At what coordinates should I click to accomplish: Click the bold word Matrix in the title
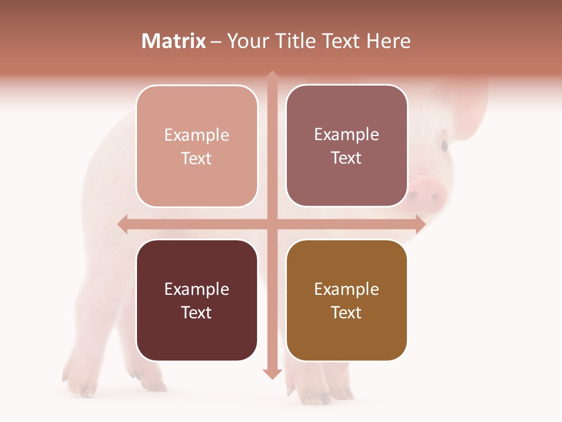174,41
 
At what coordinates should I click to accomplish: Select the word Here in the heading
389,41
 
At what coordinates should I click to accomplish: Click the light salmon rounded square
197,146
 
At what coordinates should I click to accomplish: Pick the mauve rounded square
347,145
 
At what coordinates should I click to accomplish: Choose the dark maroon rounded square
197,300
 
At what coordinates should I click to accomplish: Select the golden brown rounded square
347,300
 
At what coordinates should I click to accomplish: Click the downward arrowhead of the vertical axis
272,373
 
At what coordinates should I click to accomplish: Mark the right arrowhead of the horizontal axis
420,224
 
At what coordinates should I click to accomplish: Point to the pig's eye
444,145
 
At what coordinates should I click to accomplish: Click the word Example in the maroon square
197,289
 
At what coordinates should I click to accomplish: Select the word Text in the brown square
347,312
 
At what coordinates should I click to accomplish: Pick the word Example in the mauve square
347,134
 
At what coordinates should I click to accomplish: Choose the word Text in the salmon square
197,158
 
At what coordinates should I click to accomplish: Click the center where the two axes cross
272,224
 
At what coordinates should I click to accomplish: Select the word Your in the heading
246,41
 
